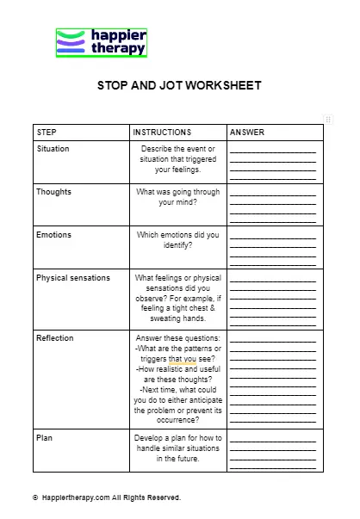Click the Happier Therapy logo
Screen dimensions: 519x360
102,42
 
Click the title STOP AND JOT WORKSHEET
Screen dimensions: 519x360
179,86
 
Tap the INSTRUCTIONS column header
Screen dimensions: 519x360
162,133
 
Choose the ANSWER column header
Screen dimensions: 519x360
247,133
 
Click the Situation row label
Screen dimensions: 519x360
53,149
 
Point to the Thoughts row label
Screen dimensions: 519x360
53,192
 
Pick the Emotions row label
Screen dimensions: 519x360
53,235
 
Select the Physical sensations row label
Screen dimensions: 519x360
73,278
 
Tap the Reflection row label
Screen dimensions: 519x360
54,338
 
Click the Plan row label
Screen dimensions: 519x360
44,438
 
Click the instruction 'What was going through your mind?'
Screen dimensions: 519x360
178,197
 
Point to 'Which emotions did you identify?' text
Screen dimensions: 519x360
178,240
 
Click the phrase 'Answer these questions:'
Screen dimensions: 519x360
178,338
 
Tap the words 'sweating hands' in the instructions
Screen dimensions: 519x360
178,318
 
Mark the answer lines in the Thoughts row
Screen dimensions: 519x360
274,207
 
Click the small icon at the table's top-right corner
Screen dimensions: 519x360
328,119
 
